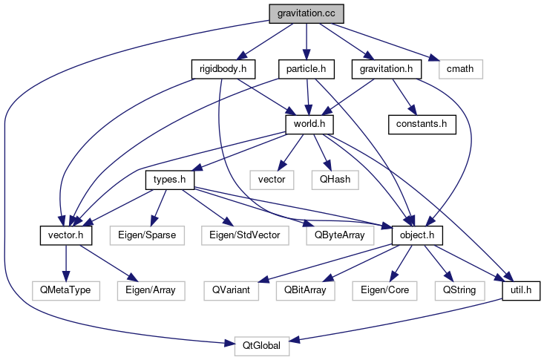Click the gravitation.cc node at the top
pyautogui.click(x=306, y=13)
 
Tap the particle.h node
pyautogui.click(x=306, y=69)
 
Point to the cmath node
pyautogui.click(x=460, y=69)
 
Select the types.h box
pyautogui.click(x=168, y=180)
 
